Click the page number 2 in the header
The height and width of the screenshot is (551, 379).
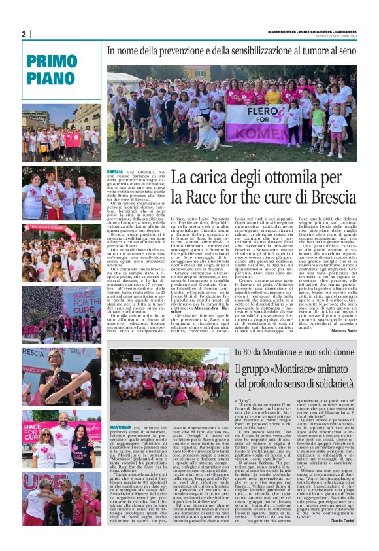tap(24, 34)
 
